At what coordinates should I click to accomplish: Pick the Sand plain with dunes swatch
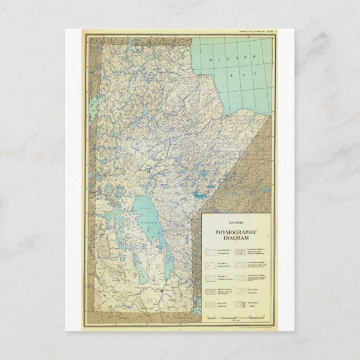click(211, 304)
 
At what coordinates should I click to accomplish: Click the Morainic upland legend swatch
click(211, 291)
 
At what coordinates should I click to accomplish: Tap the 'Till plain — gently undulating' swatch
click(211, 266)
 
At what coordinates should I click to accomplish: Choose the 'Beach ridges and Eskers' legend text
click(257, 291)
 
